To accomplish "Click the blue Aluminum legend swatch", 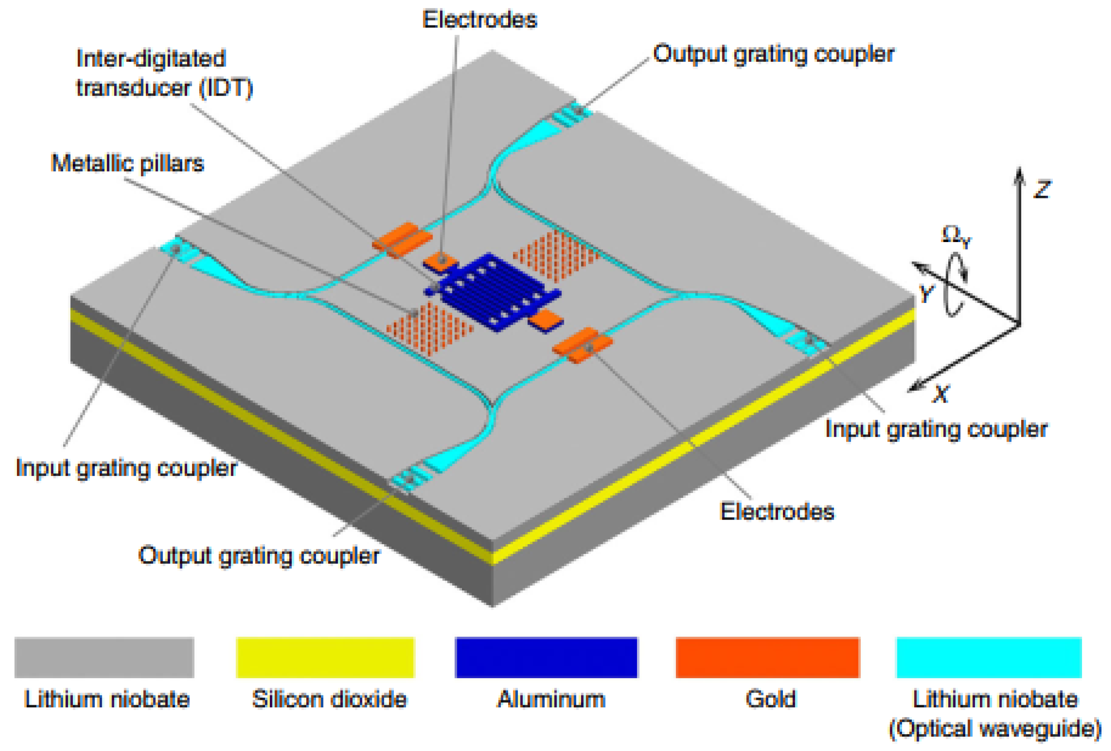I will [x=546, y=657].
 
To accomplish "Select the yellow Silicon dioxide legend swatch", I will [x=325, y=657].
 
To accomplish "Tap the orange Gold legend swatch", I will [x=767, y=657].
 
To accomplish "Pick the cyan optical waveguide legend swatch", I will [x=989, y=657].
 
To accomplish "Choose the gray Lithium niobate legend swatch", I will [x=104, y=657].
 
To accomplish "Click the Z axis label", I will [x=1042, y=190].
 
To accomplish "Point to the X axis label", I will [x=941, y=395].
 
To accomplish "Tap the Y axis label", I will [x=926, y=294].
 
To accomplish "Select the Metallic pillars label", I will [x=128, y=164].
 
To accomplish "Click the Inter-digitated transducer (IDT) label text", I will [x=164, y=73].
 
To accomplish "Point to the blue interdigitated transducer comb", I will [x=493, y=292].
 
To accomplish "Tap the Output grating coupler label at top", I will [x=774, y=54].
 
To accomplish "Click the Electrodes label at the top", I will [x=480, y=20].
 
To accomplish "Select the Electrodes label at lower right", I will [x=777, y=511].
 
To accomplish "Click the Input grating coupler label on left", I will [x=126, y=468].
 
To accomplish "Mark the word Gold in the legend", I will [x=770, y=699].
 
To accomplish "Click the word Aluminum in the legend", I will [x=551, y=699].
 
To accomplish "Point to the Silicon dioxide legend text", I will [x=329, y=699].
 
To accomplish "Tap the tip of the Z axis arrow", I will [x=1019, y=168].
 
